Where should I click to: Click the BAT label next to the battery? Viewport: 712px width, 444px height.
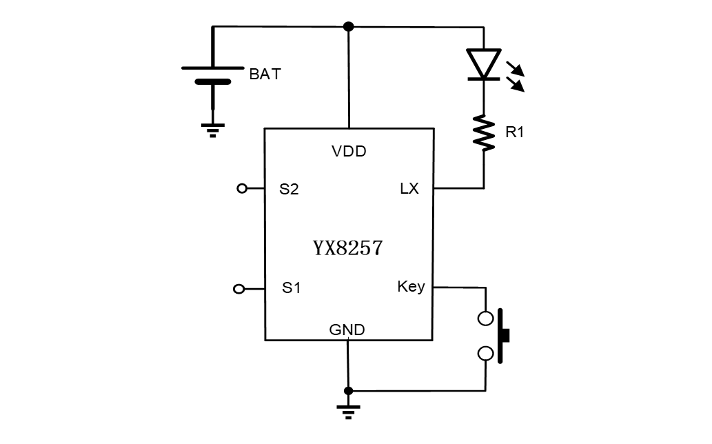265,74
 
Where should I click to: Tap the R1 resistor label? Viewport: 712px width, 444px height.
514,132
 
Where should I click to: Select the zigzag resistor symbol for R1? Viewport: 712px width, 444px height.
484,133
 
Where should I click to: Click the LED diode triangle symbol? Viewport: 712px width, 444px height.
484,63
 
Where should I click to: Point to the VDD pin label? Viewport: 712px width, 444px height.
349,152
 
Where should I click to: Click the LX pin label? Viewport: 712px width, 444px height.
409,188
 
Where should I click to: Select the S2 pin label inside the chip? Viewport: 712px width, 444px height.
289,189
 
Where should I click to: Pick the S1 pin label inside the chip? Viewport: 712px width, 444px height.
291,288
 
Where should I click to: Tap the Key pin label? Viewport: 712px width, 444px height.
411,286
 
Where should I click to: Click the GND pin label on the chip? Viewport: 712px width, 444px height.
347,330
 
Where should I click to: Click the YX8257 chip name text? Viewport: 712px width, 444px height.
347,248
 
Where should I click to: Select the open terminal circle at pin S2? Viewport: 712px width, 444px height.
241,188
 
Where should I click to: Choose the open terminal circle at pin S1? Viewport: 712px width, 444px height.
238,289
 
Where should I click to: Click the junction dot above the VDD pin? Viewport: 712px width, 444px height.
349,26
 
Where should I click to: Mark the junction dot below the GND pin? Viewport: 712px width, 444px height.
348,391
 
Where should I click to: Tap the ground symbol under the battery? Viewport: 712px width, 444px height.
212,130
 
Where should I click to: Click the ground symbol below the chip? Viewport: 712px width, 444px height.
348,412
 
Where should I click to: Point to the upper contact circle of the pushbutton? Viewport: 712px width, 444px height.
485,319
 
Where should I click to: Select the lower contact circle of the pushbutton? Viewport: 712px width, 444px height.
485,354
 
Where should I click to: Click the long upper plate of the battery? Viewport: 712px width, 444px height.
212,68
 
